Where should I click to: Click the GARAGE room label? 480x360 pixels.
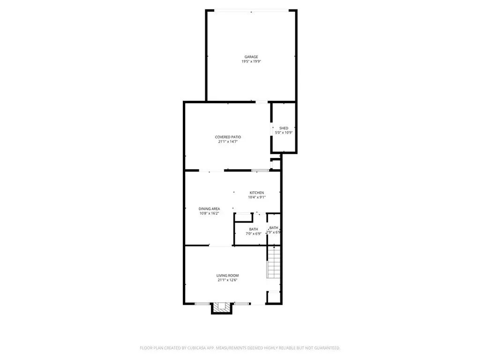pyautogui.click(x=251, y=57)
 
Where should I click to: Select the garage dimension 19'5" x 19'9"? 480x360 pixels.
pyautogui.click(x=251, y=61)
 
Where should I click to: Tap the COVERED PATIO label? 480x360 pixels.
pyautogui.click(x=228, y=137)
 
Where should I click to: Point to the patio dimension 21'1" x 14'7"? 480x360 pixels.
pyautogui.click(x=228, y=142)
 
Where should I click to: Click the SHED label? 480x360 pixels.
pyautogui.click(x=284, y=128)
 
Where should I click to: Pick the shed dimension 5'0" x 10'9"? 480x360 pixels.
pyautogui.click(x=284, y=133)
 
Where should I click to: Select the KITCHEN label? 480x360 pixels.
pyautogui.click(x=256, y=193)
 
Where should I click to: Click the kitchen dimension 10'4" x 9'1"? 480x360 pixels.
pyautogui.click(x=256, y=197)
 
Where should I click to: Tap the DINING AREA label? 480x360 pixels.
pyautogui.click(x=209, y=209)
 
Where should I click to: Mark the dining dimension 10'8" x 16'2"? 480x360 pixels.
pyautogui.click(x=209, y=214)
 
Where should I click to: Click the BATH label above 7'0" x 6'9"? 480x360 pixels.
pyautogui.click(x=253, y=229)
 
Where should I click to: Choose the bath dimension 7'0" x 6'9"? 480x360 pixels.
pyautogui.click(x=253, y=233)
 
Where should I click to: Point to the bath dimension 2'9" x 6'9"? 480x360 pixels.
pyautogui.click(x=274, y=232)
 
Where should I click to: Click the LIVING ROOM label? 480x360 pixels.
pyautogui.click(x=228, y=276)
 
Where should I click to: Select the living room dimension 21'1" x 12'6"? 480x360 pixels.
pyautogui.click(x=228, y=280)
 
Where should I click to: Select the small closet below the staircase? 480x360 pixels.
pyautogui.click(x=273, y=297)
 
